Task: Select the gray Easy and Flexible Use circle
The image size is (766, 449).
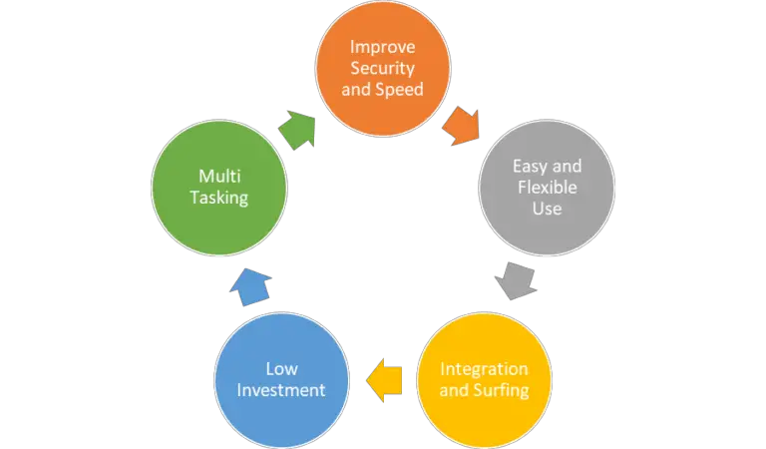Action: tap(545, 187)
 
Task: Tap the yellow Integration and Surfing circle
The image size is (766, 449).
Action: tap(484, 378)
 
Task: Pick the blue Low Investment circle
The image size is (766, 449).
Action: tap(282, 378)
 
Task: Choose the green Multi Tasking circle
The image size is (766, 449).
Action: tap(220, 187)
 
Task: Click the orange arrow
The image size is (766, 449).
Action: tap(459, 127)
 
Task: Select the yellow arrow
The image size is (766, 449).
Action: tap(385, 380)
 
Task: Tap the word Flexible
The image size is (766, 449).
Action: tap(546, 187)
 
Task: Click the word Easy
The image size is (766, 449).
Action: tap(531, 165)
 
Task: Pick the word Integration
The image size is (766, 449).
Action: tap(484, 368)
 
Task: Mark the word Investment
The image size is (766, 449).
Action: tap(282, 390)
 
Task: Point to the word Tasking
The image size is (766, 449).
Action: tap(220, 198)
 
